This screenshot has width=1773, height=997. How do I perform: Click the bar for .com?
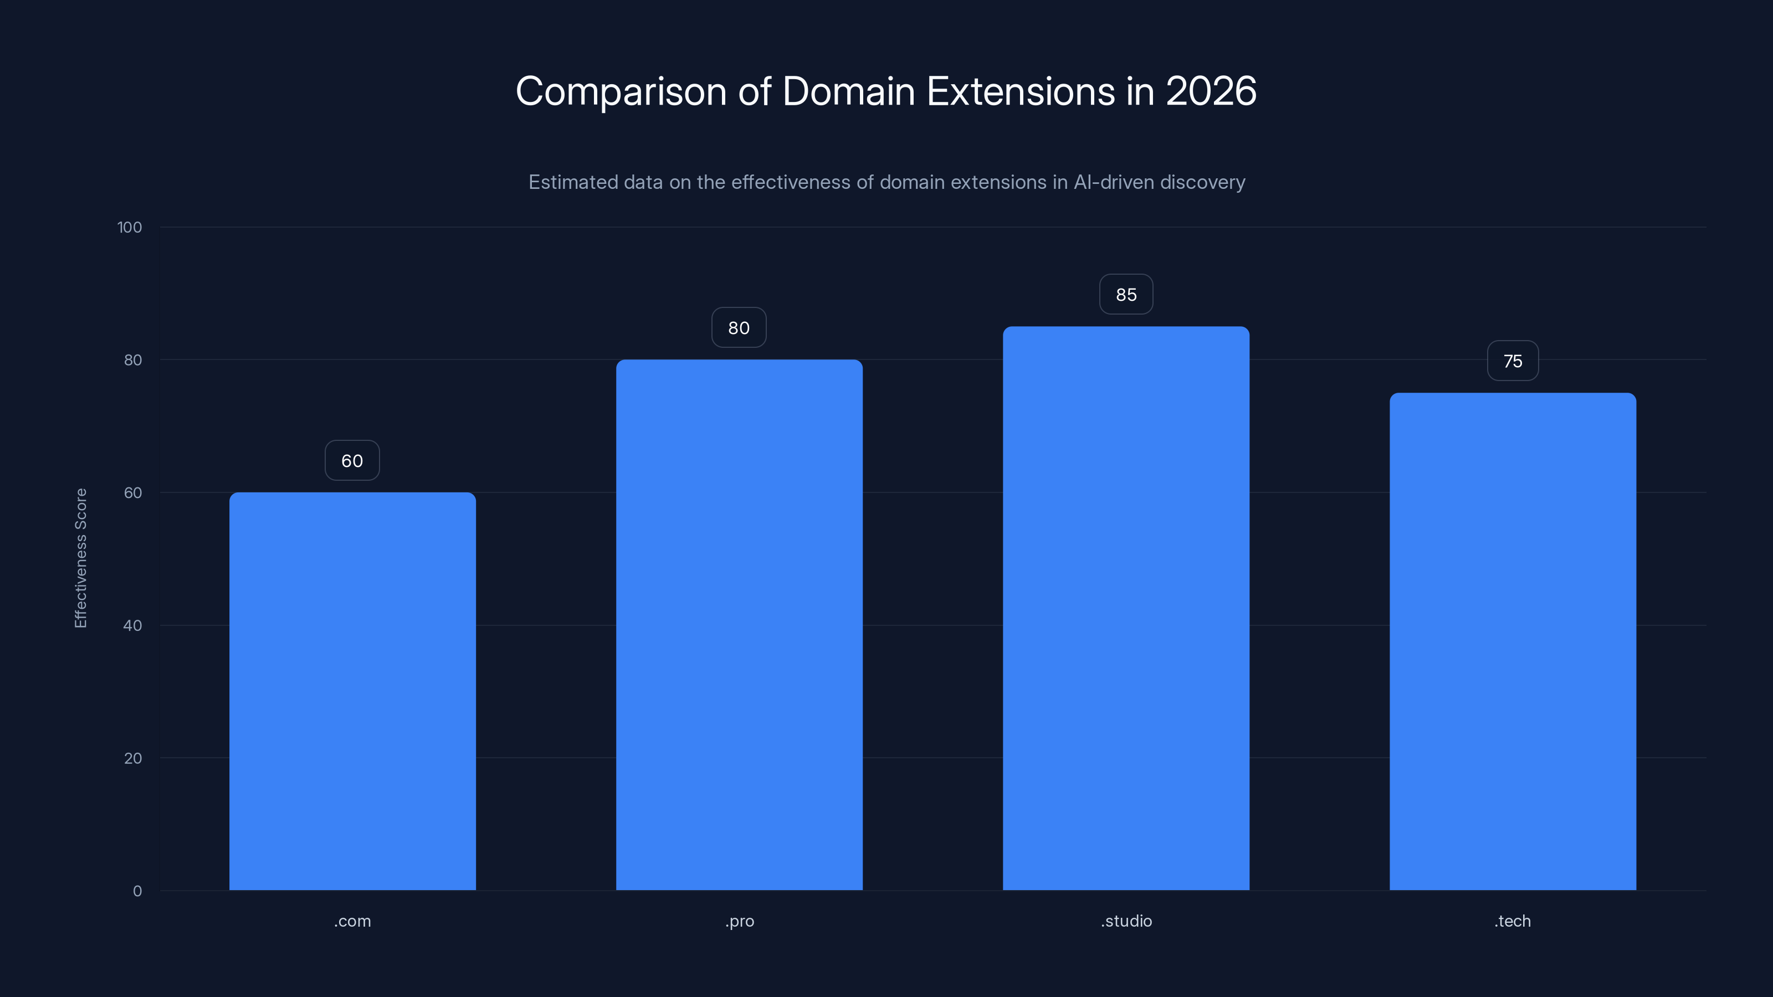pyautogui.click(x=352, y=691)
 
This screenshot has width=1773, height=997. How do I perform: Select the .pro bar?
pyautogui.click(x=739, y=625)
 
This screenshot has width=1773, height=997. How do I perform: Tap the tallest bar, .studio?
pyautogui.click(x=1126, y=608)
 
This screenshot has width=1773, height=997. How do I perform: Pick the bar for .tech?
pyautogui.click(x=1513, y=641)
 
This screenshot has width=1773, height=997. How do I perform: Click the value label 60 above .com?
pyautogui.click(x=352, y=460)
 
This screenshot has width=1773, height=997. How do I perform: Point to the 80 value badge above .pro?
pyautogui.click(x=739, y=327)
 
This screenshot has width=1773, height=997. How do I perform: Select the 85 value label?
pyautogui.click(x=1126, y=295)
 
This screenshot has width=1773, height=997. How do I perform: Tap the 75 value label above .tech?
pyautogui.click(x=1513, y=361)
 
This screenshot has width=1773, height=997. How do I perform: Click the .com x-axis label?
pyautogui.click(x=352, y=921)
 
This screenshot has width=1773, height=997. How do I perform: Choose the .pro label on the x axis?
pyautogui.click(x=739, y=921)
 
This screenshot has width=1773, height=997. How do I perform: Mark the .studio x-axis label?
pyautogui.click(x=1126, y=921)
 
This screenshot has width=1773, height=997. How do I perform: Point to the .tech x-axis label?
pyautogui.click(x=1513, y=921)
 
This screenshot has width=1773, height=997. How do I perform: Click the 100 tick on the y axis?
pyautogui.click(x=130, y=227)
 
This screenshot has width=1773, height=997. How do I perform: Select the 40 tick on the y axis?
pyautogui.click(x=132, y=625)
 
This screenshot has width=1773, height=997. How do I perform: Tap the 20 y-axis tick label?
pyautogui.click(x=132, y=758)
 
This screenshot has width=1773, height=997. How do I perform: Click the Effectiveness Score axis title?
pyautogui.click(x=80, y=558)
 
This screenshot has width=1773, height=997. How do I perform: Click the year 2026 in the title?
pyautogui.click(x=1211, y=91)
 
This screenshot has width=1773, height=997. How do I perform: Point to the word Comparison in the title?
pyautogui.click(x=621, y=92)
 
